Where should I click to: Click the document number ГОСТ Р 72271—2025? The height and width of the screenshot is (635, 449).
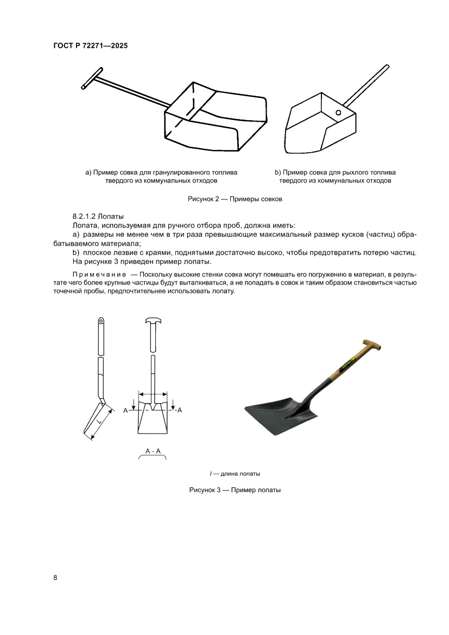click(x=91, y=46)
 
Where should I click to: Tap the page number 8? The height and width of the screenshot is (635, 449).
click(x=55, y=577)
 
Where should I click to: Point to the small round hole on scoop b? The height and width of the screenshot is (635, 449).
click(x=338, y=113)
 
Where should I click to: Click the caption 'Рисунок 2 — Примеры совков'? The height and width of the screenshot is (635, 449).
click(x=235, y=199)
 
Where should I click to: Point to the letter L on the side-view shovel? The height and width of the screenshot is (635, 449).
click(x=99, y=421)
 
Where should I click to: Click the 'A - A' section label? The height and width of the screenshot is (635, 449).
click(x=153, y=451)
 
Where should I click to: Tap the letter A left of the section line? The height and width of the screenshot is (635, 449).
click(x=125, y=411)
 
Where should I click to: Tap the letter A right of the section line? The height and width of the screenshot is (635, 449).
click(x=179, y=410)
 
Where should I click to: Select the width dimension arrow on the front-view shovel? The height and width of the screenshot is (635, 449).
click(x=154, y=394)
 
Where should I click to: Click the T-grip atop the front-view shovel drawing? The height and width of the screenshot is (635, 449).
click(x=153, y=321)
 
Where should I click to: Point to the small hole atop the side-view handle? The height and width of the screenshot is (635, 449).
click(x=100, y=320)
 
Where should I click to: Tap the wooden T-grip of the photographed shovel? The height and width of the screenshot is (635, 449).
click(x=372, y=344)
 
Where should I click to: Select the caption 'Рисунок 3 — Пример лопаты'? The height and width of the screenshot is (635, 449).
click(x=235, y=489)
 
